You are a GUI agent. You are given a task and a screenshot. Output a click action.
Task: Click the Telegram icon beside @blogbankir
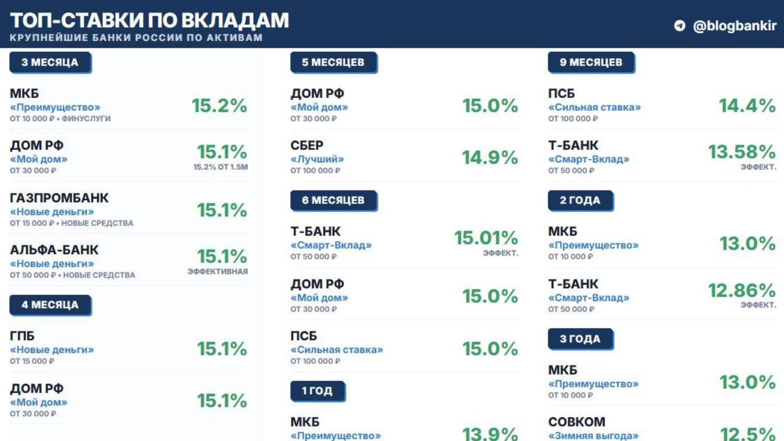pos(680,26)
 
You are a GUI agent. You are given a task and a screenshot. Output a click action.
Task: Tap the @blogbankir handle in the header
pos(734,26)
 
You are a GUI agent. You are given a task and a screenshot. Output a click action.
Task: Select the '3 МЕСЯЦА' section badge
pos(50,62)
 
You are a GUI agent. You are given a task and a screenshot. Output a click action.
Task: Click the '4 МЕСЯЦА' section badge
pos(50,305)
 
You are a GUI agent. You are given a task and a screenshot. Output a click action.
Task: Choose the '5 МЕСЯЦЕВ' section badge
pos(334,62)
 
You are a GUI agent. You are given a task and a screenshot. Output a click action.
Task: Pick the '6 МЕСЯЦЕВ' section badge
pos(334,200)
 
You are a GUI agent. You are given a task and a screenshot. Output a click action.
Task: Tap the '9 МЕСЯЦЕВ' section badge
pos(592,62)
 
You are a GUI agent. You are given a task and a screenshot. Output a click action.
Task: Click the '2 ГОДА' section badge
pos(581,200)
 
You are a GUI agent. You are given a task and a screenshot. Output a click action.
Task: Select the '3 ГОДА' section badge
pos(581,339)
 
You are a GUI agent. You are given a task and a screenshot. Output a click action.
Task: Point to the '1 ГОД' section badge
pos(318,391)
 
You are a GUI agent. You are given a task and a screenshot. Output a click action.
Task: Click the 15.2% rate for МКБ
pos(219,106)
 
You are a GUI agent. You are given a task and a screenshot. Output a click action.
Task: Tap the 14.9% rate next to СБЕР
pos(490,157)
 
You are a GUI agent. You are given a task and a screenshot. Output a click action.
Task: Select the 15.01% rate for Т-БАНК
pos(486,238)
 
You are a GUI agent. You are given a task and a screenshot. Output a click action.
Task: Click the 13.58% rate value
pos(742,152)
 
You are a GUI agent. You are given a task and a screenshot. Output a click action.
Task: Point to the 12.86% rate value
pos(742,290)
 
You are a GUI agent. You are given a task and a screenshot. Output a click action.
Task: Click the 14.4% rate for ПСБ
pos(747,106)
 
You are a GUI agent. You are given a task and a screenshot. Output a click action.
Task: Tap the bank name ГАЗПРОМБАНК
pos(59,198)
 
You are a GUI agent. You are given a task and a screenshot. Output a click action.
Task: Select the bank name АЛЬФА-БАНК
pos(55,250)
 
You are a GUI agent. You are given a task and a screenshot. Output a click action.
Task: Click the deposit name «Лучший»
pos(317,159)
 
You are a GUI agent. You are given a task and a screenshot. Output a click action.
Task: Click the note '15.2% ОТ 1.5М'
pos(221,167)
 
